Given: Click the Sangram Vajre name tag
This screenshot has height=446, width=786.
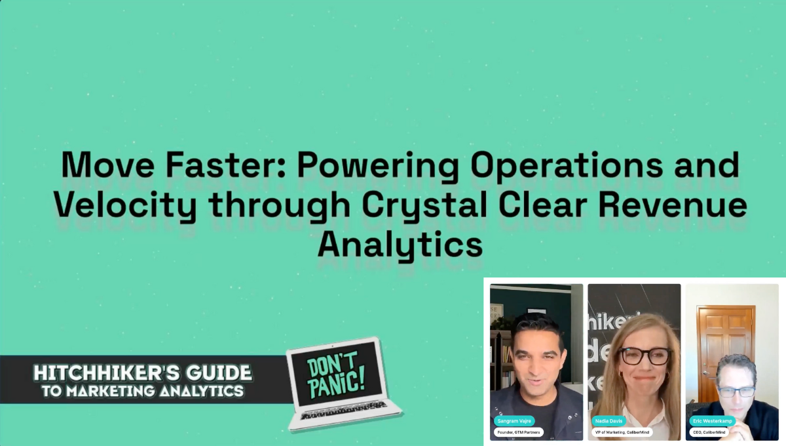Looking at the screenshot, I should [x=514, y=421].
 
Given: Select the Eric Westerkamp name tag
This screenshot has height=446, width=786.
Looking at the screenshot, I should [x=713, y=421].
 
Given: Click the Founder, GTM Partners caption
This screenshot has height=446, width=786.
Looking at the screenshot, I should [x=518, y=432].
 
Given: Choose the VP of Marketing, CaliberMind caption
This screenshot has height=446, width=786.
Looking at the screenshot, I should [x=622, y=432].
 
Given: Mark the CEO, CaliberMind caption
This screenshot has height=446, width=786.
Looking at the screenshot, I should [x=710, y=432].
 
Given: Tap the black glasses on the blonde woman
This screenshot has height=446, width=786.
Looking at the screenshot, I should [x=645, y=356].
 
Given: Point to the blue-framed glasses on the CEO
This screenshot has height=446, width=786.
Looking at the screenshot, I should [x=737, y=392].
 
